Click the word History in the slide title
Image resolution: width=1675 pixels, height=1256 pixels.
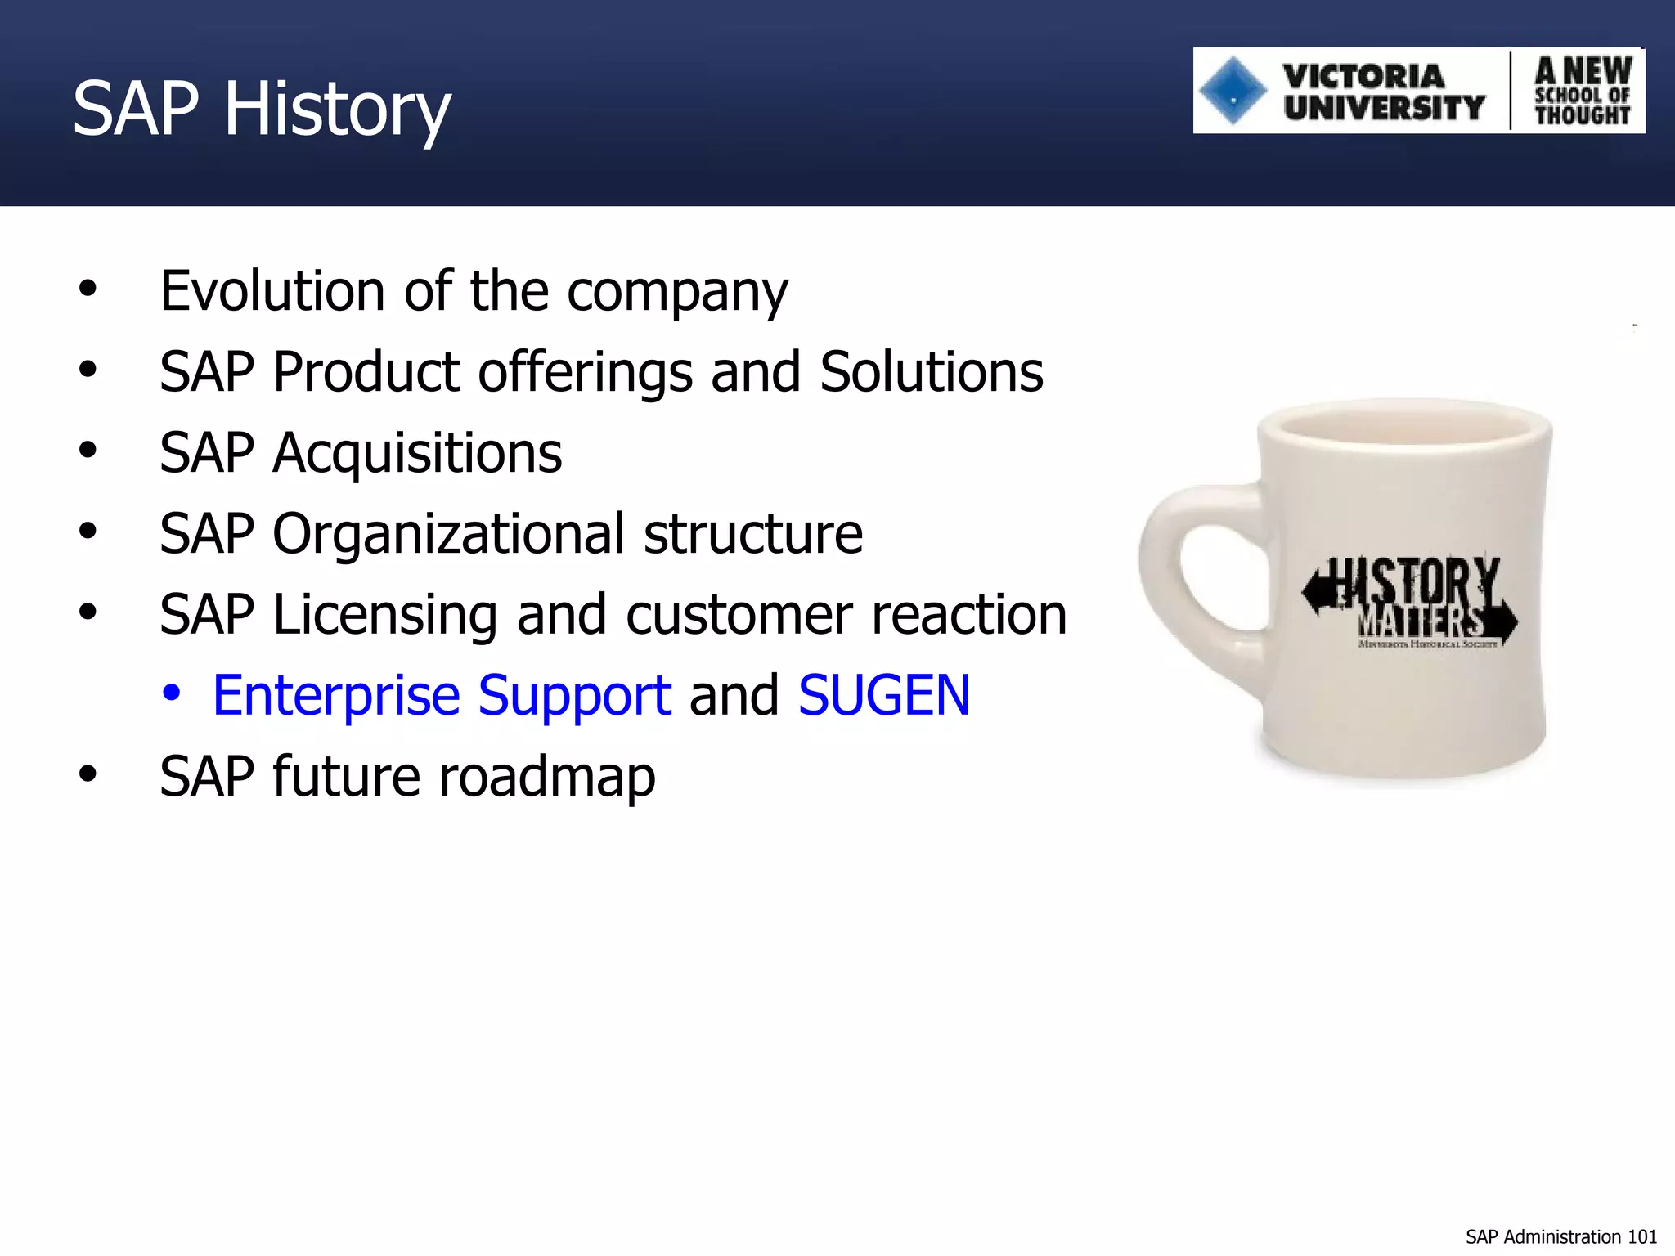(x=337, y=110)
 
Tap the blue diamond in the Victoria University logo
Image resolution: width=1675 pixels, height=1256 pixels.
(x=1233, y=92)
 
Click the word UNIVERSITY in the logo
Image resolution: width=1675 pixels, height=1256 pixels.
(x=1384, y=108)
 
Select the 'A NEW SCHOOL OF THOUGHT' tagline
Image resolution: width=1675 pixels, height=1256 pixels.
(x=1582, y=92)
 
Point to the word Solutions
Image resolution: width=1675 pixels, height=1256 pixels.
(x=932, y=372)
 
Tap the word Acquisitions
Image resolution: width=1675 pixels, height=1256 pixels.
(x=417, y=453)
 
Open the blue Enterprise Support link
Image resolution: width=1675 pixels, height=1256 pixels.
(x=442, y=696)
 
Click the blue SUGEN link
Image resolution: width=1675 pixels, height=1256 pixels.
(x=884, y=696)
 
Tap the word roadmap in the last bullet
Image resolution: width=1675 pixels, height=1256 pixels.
(x=547, y=777)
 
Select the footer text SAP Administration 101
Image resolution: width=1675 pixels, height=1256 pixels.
(x=1560, y=1237)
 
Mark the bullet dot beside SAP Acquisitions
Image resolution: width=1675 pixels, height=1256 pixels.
(x=88, y=451)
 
